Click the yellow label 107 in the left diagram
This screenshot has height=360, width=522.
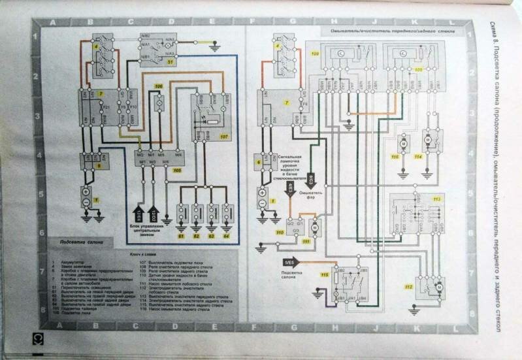point(224,137)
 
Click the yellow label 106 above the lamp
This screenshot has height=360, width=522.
point(158,86)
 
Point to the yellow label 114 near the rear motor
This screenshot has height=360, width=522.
point(418,157)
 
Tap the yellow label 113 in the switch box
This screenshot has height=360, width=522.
point(436,198)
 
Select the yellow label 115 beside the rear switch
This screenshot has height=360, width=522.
point(325,274)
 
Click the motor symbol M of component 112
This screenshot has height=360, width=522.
point(439,286)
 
